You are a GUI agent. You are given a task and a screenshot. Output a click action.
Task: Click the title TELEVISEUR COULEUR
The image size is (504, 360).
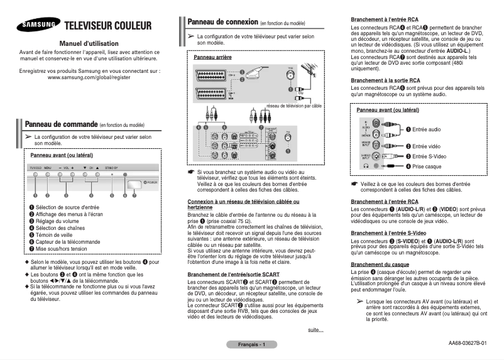point(108,26)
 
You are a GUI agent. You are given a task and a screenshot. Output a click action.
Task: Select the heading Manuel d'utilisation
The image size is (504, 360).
point(88,43)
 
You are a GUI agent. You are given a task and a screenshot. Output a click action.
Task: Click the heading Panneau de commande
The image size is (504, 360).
point(60,125)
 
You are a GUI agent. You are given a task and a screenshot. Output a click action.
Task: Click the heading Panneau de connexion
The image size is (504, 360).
point(222,22)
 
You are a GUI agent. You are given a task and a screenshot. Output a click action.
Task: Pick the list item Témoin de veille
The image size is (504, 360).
point(55,234)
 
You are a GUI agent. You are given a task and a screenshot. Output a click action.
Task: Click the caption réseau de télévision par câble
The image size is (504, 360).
point(293,106)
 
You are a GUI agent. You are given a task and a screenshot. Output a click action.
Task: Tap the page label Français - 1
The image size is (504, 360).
point(250,345)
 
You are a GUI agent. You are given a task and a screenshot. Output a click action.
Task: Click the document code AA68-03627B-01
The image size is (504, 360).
point(467,343)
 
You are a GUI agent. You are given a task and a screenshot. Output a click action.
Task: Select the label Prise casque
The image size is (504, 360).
point(427,166)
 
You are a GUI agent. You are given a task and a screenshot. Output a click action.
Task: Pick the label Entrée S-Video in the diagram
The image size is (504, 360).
point(429,156)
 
